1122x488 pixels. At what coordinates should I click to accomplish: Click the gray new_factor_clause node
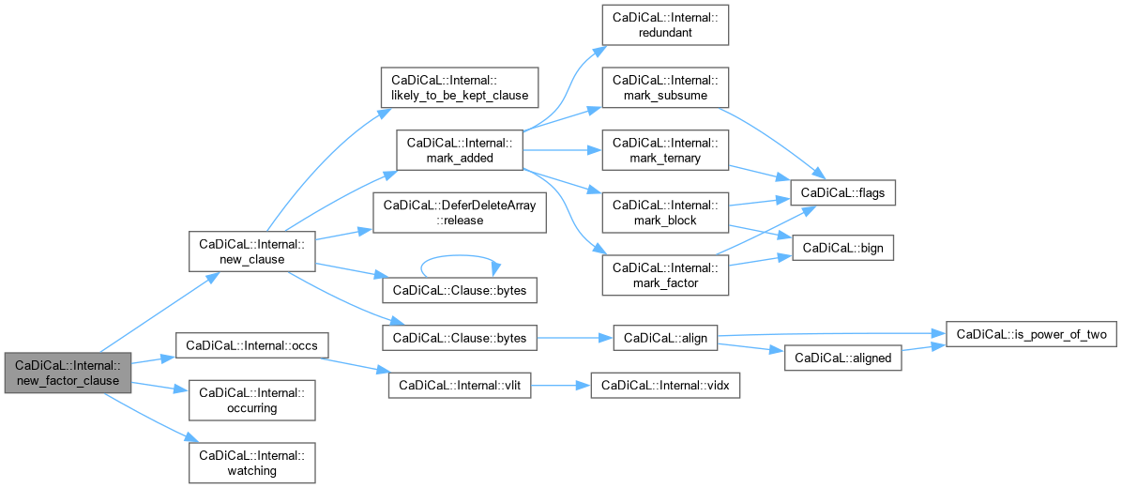(x=65, y=373)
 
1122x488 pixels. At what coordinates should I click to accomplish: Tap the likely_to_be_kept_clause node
(x=457, y=87)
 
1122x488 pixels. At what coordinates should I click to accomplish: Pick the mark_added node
(x=458, y=150)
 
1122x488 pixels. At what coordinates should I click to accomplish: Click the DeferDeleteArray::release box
(x=459, y=213)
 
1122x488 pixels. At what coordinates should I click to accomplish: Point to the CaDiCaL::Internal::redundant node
(x=665, y=25)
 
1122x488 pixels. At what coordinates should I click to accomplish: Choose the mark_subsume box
(x=665, y=87)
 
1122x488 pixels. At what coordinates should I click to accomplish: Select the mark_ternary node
(x=665, y=150)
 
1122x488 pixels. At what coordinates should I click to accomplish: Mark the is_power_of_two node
(x=1031, y=334)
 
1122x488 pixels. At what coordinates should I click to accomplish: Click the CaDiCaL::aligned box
(x=842, y=358)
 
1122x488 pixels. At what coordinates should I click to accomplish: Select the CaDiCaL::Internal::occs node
(x=252, y=346)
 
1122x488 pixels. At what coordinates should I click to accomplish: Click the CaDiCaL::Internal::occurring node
(x=250, y=400)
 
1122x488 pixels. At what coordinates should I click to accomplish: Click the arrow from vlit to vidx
(x=560, y=385)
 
